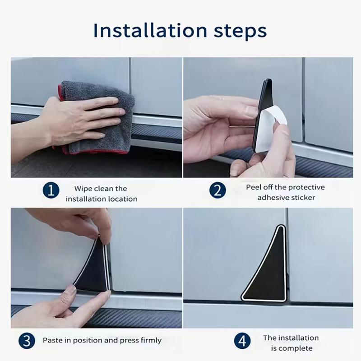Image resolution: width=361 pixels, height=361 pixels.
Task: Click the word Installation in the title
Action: (x=150, y=30)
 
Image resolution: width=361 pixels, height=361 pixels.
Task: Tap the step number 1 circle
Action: (x=51, y=190)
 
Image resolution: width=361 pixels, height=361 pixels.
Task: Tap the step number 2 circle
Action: (x=218, y=190)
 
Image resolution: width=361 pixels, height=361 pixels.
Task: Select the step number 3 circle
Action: (x=27, y=341)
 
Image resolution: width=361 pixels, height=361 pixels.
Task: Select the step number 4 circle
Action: (x=242, y=341)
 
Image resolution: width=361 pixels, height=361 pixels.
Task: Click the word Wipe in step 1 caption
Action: (x=83, y=189)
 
